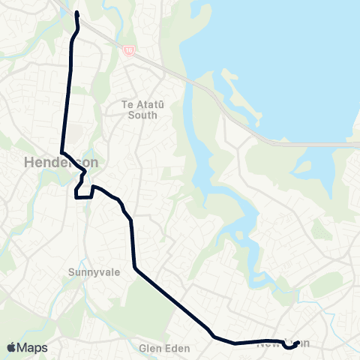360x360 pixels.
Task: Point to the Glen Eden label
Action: point(166,349)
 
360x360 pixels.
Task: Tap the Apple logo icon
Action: point(11,347)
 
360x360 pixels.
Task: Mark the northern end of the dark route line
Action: point(77,13)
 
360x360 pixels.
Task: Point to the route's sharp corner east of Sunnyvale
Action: point(134,268)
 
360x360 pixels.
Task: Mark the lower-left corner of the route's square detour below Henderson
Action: point(76,197)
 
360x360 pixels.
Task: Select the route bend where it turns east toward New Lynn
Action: point(214,337)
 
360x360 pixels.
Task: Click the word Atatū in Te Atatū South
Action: point(144,106)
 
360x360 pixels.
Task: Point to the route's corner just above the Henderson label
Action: point(61,150)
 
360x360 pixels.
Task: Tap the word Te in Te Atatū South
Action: point(126,106)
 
